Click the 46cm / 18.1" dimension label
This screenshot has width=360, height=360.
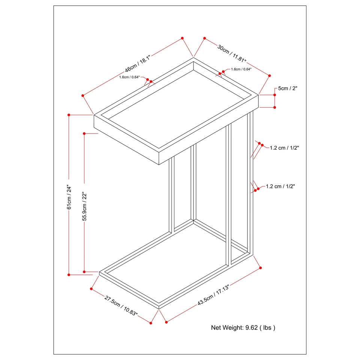click(x=138, y=64)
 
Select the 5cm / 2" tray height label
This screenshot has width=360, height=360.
click(x=288, y=89)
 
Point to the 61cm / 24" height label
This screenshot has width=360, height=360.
click(x=69, y=196)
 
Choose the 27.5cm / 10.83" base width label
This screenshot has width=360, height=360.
click(x=121, y=306)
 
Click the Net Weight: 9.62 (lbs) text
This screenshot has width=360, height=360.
click(x=243, y=327)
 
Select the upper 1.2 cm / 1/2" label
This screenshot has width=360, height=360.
click(x=284, y=148)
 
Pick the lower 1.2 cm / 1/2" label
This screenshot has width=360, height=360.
click(x=280, y=186)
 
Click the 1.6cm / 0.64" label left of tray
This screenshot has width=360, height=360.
click(x=129, y=77)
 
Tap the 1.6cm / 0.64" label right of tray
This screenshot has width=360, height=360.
click(x=241, y=69)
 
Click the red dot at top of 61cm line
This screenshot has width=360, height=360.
click(x=69, y=114)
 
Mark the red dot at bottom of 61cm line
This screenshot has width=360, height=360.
click(x=69, y=275)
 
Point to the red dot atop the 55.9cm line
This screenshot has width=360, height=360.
click(x=84, y=133)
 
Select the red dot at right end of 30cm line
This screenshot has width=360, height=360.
click(x=269, y=76)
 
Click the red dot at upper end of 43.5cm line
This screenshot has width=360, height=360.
click(x=260, y=268)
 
